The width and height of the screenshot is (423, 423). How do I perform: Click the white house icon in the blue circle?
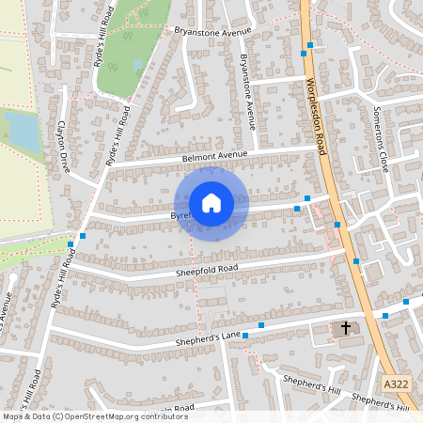[211, 202]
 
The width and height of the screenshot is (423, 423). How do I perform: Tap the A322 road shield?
[397, 384]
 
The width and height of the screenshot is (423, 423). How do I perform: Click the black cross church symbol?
[346, 328]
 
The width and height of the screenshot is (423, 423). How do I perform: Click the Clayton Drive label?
[65, 145]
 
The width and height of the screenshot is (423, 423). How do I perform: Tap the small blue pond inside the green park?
[139, 65]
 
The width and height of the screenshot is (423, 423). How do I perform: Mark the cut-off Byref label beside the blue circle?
[180, 215]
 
